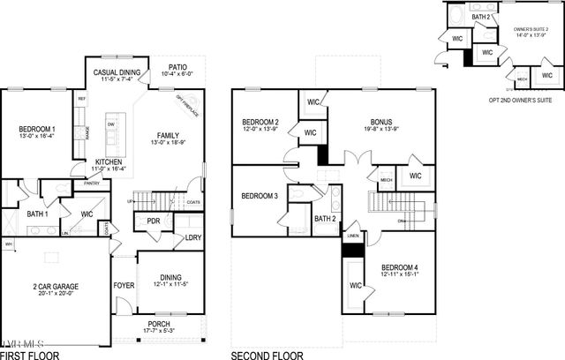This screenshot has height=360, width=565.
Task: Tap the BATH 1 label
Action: tap(37, 214)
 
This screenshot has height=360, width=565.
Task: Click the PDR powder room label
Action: tap(154, 221)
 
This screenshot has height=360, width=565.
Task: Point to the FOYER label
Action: tap(124, 286)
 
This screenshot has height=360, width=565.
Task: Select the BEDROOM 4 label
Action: tap(401, 267)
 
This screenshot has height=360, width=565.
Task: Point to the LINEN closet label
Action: tap(352, 236)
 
